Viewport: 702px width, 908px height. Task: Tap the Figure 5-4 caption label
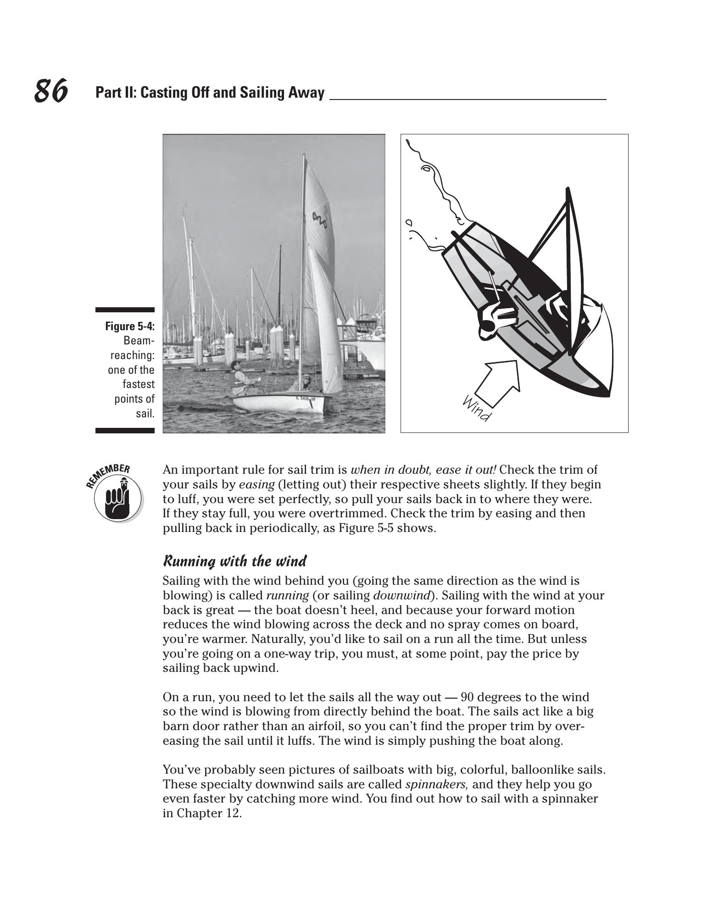[x=130, y=326]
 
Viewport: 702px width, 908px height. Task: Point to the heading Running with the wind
[x=234, y=561]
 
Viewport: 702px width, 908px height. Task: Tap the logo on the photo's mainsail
[x=321, y=221]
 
